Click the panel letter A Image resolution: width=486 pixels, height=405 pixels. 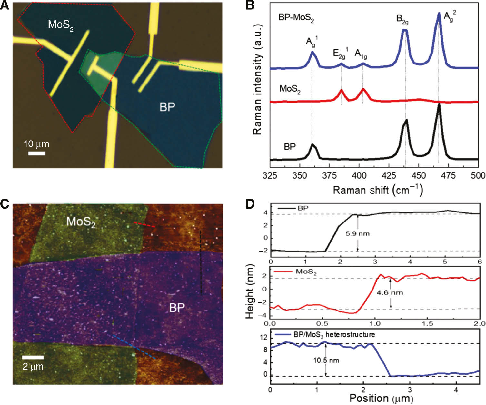coord(5,5)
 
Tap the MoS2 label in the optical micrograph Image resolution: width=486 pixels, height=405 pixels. coord(61,25)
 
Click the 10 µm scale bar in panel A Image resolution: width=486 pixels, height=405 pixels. coord(36,153)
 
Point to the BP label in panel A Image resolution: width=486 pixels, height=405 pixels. coord(167,107)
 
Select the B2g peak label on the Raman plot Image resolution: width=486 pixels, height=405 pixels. coord(402,19)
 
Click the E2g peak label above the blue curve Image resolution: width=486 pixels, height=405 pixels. coord(341,54)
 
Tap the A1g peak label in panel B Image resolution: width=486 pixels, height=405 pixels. coord(361,54)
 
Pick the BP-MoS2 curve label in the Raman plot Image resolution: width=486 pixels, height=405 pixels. coord(296,18)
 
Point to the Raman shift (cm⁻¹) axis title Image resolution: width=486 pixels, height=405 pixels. coord(377,190)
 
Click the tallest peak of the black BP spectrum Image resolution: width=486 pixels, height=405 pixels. coord(439,105)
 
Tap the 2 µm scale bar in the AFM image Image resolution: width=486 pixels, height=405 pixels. coord(33,357)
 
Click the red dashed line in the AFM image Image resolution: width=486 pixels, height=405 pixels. coord(144,224)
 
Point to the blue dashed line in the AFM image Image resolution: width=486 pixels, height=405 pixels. coord(134,347)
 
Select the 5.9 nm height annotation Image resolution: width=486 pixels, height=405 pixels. coord(357,233)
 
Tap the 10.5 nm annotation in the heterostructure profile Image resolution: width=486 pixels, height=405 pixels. coord(326,360)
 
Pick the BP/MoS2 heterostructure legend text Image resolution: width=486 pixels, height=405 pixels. coord(334,334)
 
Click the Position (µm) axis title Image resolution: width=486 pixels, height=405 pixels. coord(381,398)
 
